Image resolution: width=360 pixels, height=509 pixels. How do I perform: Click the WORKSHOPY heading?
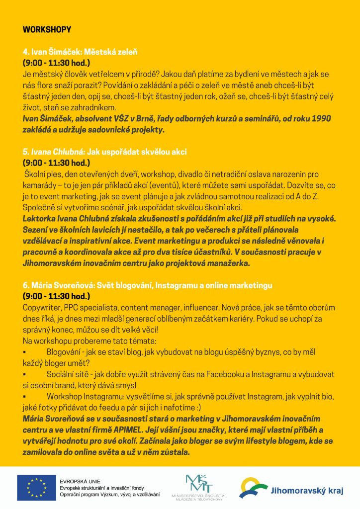(x=47, y=30)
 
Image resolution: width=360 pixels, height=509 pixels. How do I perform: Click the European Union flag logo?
(x=36, y=488)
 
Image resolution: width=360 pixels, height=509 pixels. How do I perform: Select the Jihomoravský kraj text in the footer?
(x=307, y=491)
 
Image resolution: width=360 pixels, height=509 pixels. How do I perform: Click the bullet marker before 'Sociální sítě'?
(x=24, y=374)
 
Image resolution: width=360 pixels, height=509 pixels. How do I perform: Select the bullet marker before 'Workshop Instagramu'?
(x=24, y=397)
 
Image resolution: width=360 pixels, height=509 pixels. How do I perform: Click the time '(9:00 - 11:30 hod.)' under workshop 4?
(x=56, y=63)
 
